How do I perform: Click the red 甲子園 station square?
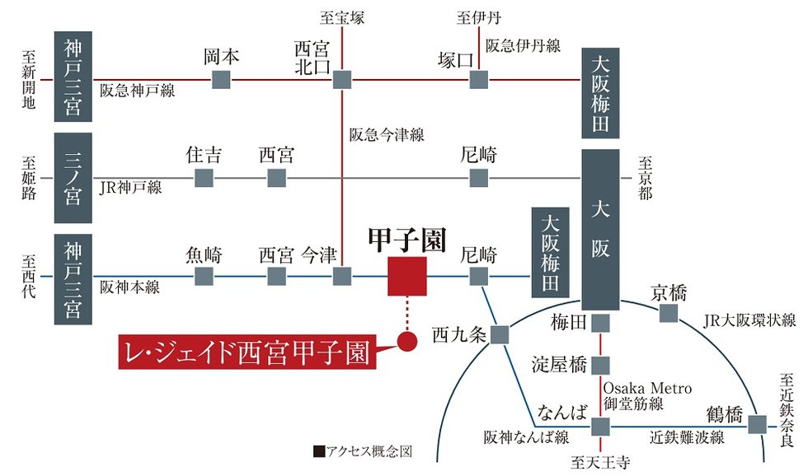(x=406, y=276)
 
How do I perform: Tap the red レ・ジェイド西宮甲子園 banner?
(x=245, y=352)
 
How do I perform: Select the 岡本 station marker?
(x=221, y=80)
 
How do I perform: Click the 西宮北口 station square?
(x=342, y=80)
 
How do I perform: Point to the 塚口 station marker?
(x=478, y=80)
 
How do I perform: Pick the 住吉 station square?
(x=204, y=178)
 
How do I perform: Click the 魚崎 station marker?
(x=204, y=276)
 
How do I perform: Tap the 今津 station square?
(x=342, y=276)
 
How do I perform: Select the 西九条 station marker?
(x=500, y=334)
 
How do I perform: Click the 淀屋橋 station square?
(x=600, y=365)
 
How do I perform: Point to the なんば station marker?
(x=600, y=425)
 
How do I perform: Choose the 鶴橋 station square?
(x=757, y=425)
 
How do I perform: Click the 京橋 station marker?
(x=669, y=313)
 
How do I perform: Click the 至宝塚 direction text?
(x=341, y=16)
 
